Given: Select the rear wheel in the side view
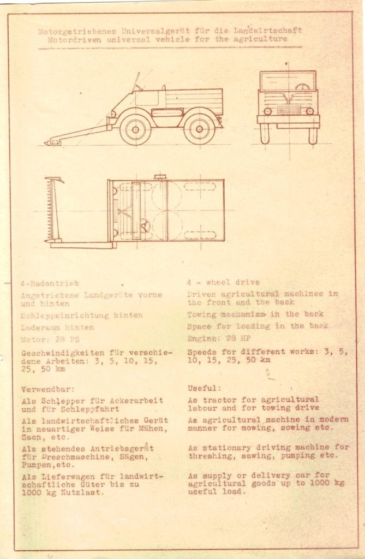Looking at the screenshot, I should click(x=199, y=129).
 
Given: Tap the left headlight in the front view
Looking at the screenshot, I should click(x=267, y=111).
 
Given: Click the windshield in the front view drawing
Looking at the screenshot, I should click(x=288, y=81).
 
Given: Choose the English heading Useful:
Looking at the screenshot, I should click(x=205, y=388).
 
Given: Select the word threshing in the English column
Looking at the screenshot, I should click(x=212, y=455).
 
